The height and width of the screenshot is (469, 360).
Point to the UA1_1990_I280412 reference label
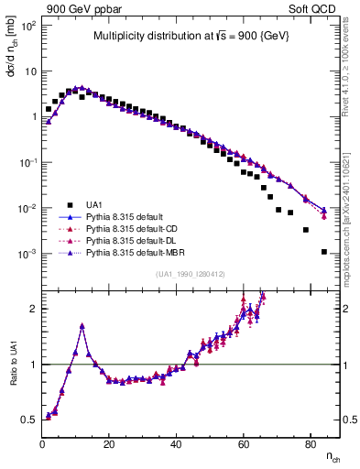point(190,274)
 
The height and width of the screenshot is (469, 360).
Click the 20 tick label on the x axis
point(109,442)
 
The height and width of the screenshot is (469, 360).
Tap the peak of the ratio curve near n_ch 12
point(82,325)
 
